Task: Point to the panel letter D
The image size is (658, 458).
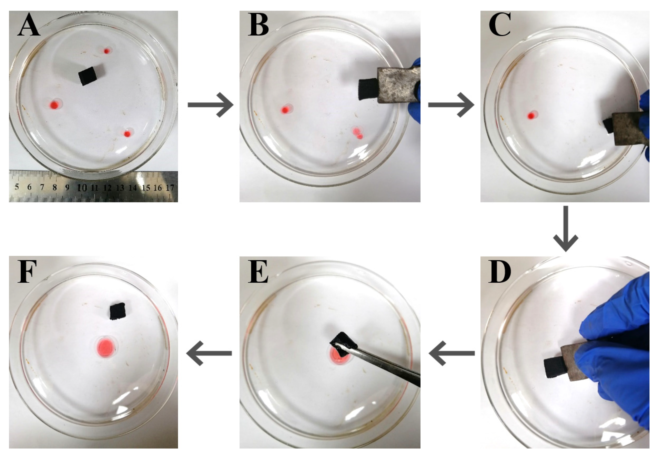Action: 500,272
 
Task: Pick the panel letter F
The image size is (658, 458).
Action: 27,272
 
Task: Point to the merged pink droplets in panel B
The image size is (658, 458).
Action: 358,133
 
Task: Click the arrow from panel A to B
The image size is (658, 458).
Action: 211,105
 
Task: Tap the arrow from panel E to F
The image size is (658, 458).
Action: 209,353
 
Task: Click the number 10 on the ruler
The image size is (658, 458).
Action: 82,188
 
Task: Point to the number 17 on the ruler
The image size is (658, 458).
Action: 170,188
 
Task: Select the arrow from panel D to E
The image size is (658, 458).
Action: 451,353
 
